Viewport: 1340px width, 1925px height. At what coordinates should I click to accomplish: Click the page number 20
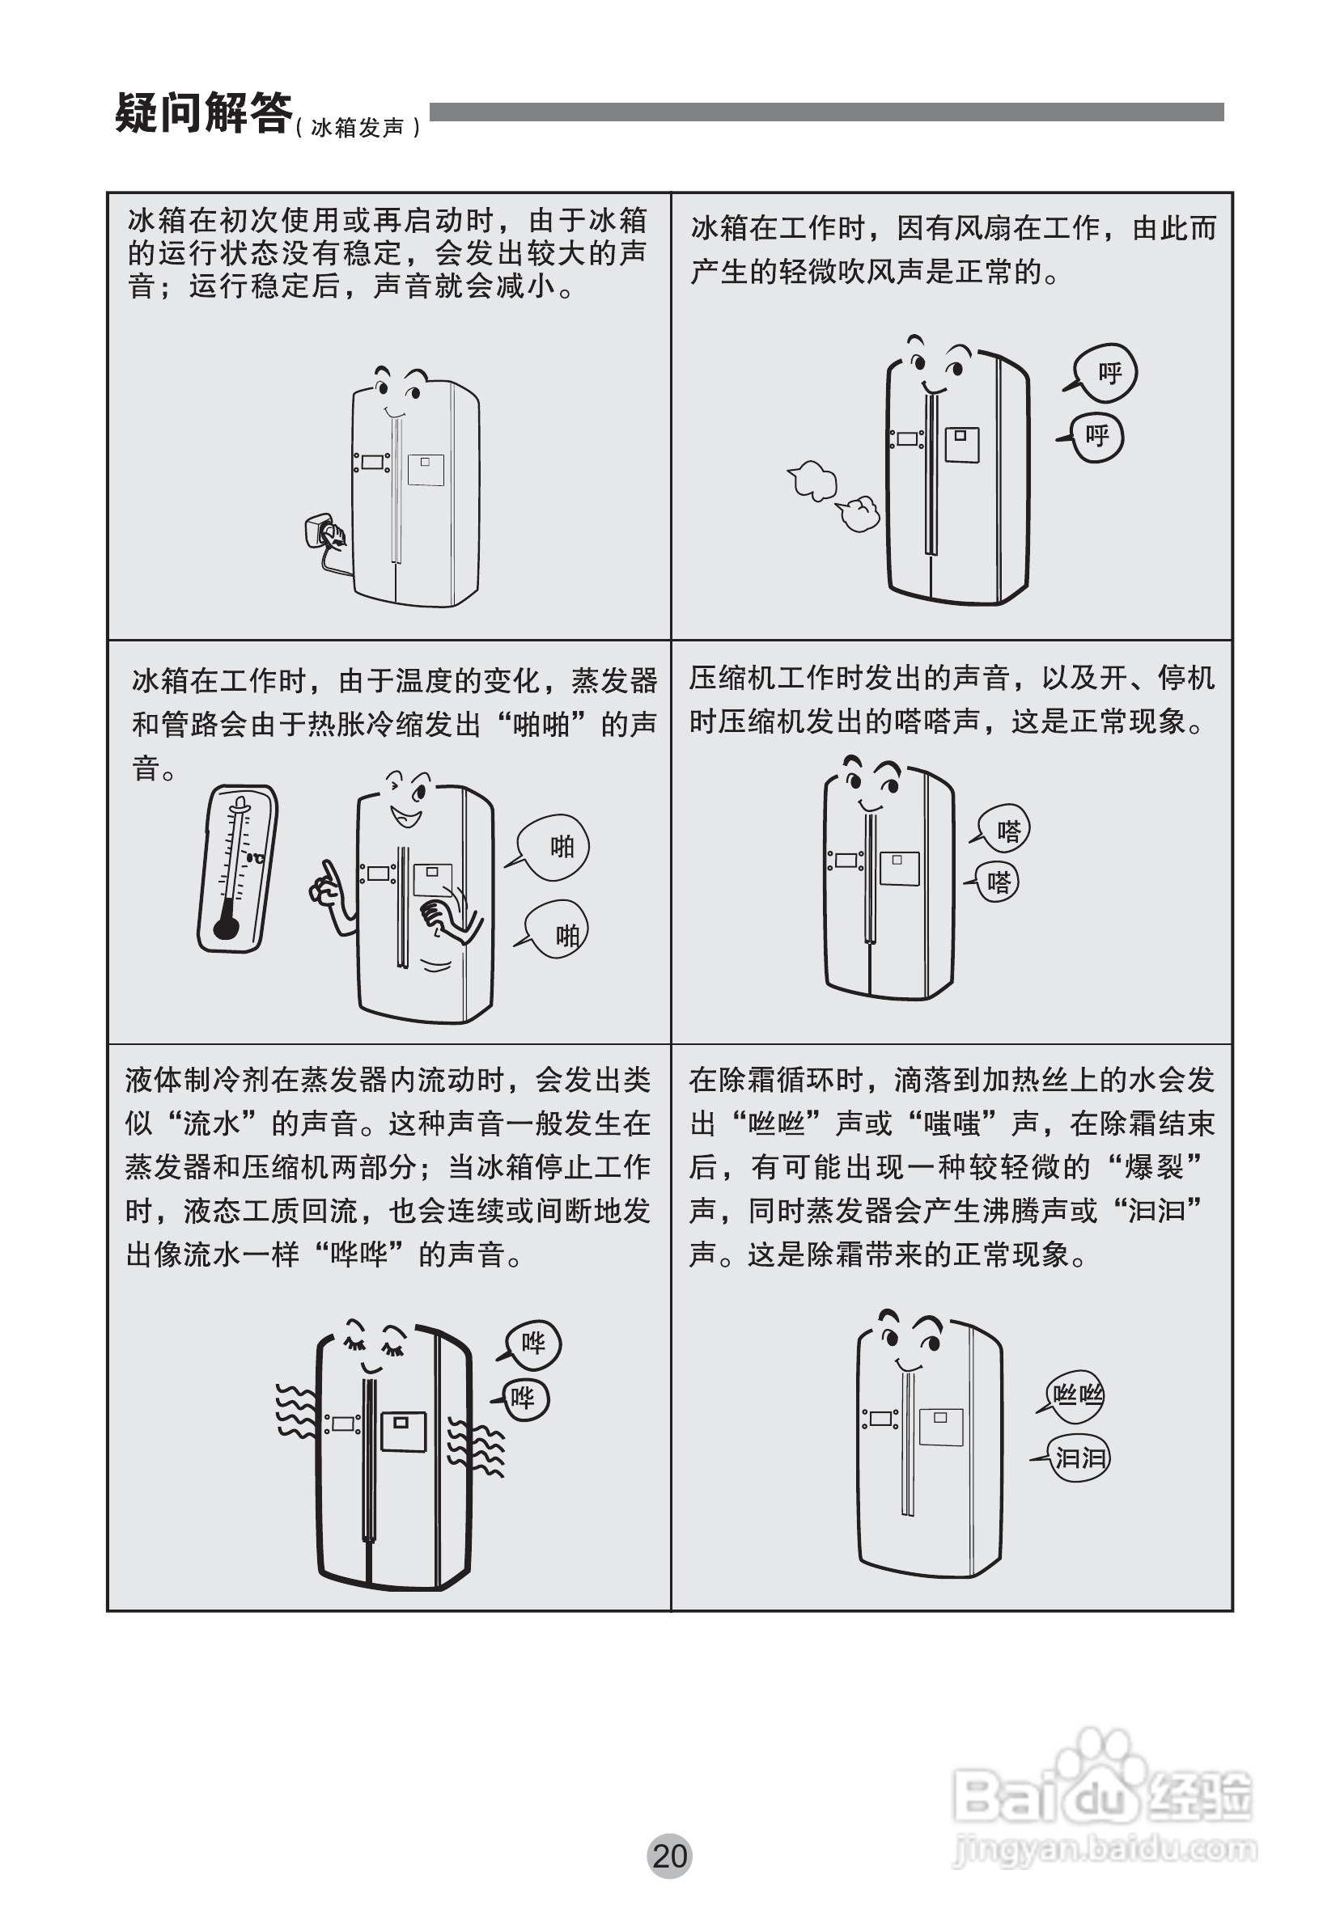pos(669,1855)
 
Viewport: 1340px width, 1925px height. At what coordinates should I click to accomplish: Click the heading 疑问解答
pos(204,112)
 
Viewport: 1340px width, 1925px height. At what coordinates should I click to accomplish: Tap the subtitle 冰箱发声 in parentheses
pos(357,128)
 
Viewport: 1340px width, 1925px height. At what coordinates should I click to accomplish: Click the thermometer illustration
pos(237,868)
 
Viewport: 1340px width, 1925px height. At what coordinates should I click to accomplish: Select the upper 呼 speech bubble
pos(1103,372)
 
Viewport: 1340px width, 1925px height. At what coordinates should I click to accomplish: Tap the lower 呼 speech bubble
pos(1092,437)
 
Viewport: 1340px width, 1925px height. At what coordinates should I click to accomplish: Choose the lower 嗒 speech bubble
pos(994,882)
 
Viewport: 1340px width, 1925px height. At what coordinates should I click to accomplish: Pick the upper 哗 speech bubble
pos(530,1344)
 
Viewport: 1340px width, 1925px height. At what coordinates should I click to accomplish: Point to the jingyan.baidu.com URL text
pos(1105,1847)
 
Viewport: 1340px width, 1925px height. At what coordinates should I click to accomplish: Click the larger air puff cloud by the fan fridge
pos(812,480)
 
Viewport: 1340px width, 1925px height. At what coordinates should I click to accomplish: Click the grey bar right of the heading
pos(826,112)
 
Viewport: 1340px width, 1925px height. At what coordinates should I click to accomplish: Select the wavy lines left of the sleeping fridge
pos(296,1409)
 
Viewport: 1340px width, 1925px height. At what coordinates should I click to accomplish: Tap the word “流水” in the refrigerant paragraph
pos(212,1123)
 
